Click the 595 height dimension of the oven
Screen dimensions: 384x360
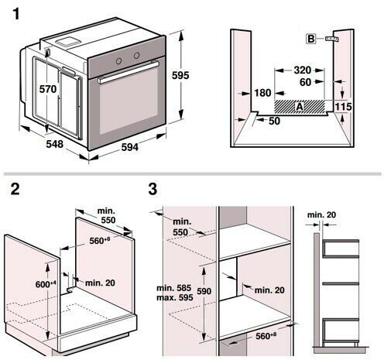tap(180, 75)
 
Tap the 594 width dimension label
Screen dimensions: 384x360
tap(130, 147)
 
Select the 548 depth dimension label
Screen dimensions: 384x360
tap(55, 144)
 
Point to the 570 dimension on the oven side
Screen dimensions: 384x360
tap(48, 89)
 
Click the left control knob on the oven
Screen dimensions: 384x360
tap(118, 61)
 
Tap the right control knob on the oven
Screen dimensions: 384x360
tap(136, 55)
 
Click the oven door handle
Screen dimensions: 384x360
tap(129, 72)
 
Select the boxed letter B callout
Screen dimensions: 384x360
tap(311, 39)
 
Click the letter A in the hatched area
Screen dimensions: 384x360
tap(300, 106)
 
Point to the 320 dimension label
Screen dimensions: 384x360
tap(303, 70)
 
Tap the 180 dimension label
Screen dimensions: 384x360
tap(262, 93)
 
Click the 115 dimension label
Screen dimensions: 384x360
tap(344, 106)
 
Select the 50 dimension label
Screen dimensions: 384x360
tap(274, 121)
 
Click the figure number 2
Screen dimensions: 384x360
tap(15, 189)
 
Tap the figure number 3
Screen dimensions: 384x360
tap(153, 189)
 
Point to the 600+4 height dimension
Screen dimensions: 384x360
tap(46, 284)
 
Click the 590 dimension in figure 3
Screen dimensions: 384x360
tap(204, 291)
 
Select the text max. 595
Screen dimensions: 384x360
tap(175, 297)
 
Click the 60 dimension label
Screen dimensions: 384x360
tap(305, 82)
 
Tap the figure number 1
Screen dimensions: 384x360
tap(16, 14)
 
